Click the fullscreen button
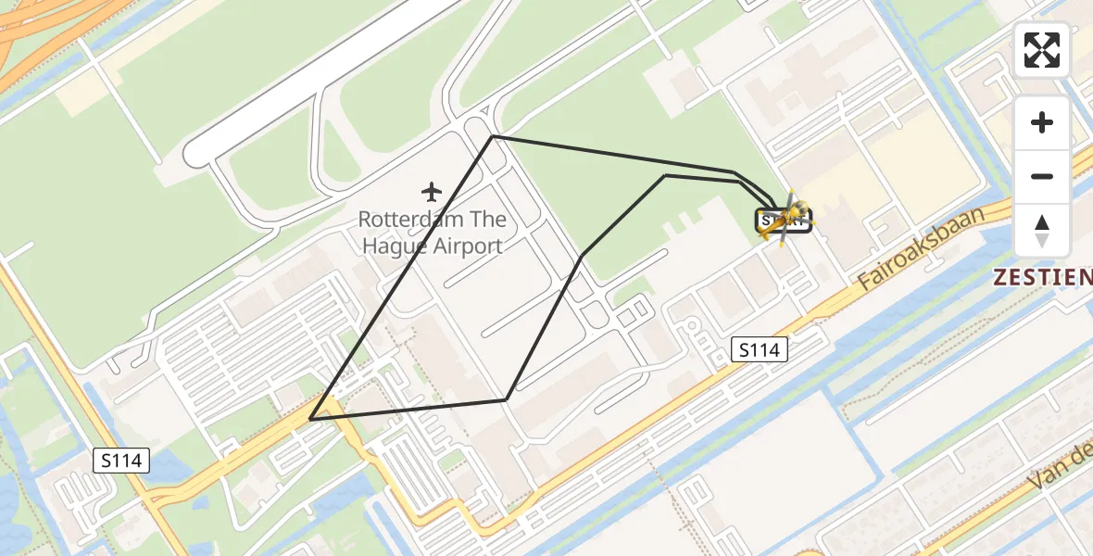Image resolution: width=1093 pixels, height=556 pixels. tap(1042, 50)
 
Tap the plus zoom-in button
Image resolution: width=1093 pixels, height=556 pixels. tap(1042, 122)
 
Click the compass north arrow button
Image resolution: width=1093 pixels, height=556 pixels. tap(1042, 231)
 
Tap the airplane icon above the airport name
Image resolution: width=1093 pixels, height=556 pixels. tap(431, 192)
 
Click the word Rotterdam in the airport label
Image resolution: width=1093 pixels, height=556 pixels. tap(405, 221)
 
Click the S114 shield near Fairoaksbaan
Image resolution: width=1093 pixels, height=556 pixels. tap(759, 349)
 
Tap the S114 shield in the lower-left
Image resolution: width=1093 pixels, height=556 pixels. tap(121, 460)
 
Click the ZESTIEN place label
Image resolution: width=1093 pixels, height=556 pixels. tap(1042, 276)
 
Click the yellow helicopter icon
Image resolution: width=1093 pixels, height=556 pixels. tap(784, 219)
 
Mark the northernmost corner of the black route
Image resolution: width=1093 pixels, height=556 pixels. tap(493, 136)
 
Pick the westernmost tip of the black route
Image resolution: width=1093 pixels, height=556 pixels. tap(310, 419)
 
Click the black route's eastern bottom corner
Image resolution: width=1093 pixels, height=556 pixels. tap(506, 399)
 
